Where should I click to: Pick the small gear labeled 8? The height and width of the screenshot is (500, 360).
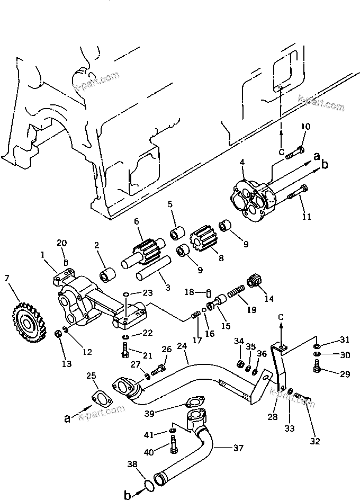pyautogui.click(x=204, y=238)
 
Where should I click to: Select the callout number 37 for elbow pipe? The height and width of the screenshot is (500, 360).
pyautogui.click(x=238, y=449)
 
